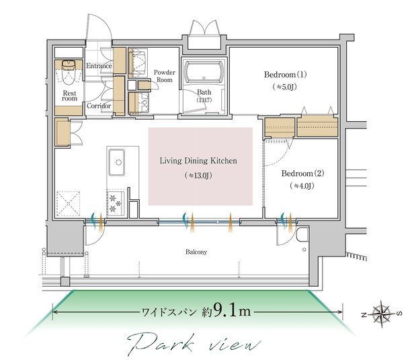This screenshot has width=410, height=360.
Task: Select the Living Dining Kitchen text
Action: tap(199, 161)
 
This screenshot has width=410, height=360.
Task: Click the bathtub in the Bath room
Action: tap(204, 74)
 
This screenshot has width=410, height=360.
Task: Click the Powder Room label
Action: tap(164, 75)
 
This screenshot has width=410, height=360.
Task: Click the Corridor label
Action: tap(99, 106)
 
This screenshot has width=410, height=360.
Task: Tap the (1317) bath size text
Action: tap(204, 100)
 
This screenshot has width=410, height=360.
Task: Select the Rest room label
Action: tap(70, 96)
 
